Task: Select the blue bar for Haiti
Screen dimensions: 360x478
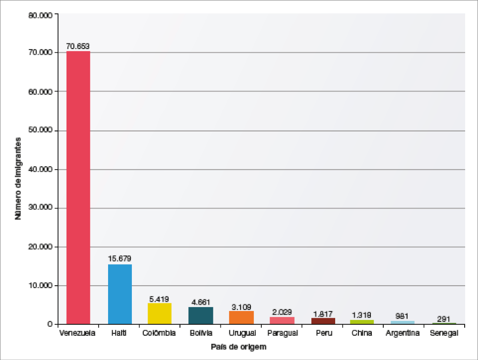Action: click(x=119, y=294)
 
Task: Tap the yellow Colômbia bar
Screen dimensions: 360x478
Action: click(x=159, y=313)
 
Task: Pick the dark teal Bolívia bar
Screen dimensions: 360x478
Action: click(x=200, y=315)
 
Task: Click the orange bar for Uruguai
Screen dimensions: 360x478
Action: click(x=241, y=317)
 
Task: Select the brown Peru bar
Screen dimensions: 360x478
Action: click(x=323, y=320)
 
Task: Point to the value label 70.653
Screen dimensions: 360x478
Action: click(x=78, y=46)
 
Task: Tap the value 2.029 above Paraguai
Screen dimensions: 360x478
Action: click(x=282, y=312)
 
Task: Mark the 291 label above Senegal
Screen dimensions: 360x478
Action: click(x=444, y=319)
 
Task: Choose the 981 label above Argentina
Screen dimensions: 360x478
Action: click(x=402, y=316)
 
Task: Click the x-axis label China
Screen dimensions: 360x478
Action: click(x=362, y=333)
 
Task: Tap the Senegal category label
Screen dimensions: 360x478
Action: click(x=444, y=333)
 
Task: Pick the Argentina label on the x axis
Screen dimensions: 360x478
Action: click(x=402, y=333)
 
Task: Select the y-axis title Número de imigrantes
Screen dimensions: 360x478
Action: click(x=19, y=179)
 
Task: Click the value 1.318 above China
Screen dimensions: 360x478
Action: click(x=362, y=315)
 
